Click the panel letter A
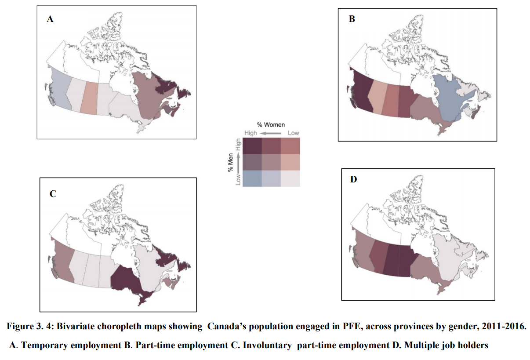tap(50, 19)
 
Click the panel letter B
tap(352, 19)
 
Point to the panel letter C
tap(53, 193)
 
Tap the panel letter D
tap(354, 179)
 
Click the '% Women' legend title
tap(271, 125)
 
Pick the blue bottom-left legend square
tap(252, 178)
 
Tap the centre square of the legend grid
tap(271, 162)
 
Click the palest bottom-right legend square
tap(290, 178)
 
